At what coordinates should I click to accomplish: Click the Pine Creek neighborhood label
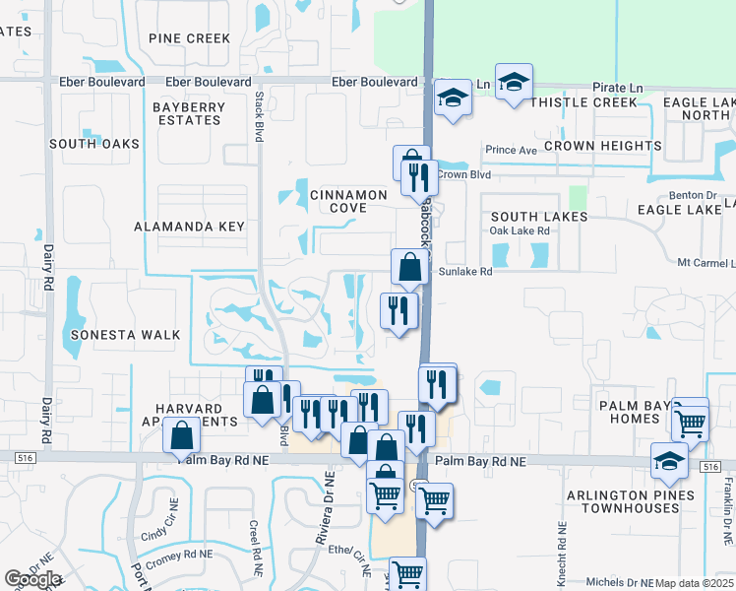[x=190, y=38]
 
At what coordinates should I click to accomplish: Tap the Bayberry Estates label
[x=187, y=112]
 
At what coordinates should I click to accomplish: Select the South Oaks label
[x=94, y=144]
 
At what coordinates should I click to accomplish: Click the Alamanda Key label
[x=189, y=227]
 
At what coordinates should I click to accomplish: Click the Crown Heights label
[x=602, y=146]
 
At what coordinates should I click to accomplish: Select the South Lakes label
[x=539, y=217]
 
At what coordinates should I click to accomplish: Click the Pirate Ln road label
[x=617, y=88]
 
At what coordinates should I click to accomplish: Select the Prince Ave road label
[x=511, y=151]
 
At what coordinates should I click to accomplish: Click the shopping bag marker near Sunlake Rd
[x=409, y=266]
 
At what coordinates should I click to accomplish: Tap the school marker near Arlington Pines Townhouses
[x=669, y=460]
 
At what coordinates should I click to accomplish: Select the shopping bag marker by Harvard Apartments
[x=182, y=434]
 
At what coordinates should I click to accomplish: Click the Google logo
[x=32, y=579]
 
